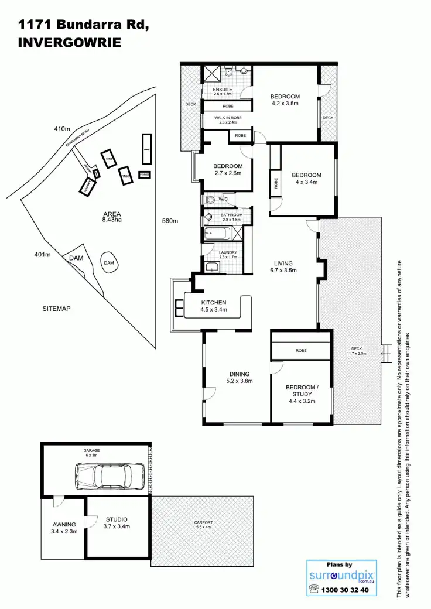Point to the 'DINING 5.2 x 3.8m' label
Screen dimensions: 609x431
point(240,378)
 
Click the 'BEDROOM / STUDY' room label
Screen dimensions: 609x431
point(302,391)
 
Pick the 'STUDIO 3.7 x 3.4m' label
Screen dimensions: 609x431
point(117,523)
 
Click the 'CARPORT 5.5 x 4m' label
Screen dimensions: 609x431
point(203,525)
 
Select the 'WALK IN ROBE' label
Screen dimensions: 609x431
point(228,120)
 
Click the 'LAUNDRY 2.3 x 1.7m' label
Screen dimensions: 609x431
point(228,255)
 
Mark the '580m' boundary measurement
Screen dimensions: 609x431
point(170,221)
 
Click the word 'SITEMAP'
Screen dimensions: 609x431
point(56,308)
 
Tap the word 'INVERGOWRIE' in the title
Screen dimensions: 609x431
point(70,43)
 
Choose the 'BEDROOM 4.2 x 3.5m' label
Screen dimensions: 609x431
point(285,100)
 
